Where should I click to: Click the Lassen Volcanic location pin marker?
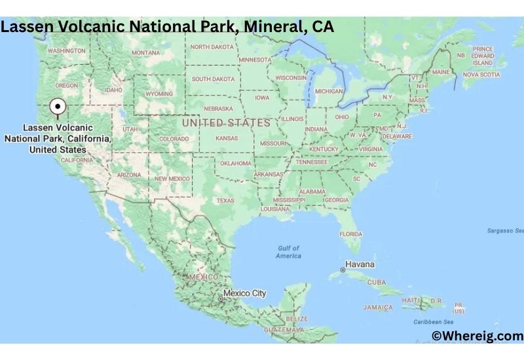click(58, 106)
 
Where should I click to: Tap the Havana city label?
click(360, 264)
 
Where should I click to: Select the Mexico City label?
click(245, 293)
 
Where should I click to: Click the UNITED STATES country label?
click(226, 122)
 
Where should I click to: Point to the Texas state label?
click(225, 200)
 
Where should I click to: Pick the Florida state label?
click(351, 234)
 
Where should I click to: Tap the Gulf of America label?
click(288, 252)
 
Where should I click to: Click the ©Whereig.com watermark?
click(477, 336)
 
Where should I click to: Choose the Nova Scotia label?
click(481, 75)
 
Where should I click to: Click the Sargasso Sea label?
click(505, 231)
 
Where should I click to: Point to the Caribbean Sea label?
click(433, 322)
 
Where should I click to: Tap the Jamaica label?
click(378, 306)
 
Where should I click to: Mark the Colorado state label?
click(174, 139)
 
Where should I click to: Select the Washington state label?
click(67, 50)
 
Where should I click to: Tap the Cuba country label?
click(376, 282)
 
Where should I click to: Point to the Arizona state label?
click(128, 175)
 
